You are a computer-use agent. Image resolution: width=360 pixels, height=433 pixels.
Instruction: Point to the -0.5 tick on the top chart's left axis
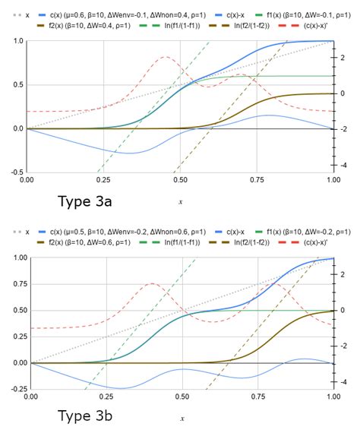[x=14, y=172]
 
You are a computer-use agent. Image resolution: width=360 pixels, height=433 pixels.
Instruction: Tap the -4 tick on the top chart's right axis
[x=344, y=165]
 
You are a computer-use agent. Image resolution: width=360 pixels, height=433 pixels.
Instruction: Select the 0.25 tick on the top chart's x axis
[x=103, y=180]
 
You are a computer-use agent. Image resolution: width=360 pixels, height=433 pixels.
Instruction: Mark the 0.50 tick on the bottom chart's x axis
[x=182, y=397]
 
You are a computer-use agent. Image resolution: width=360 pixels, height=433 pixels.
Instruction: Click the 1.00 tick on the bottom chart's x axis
[x=333, y=397]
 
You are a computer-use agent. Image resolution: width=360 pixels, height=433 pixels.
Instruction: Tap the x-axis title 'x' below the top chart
[x=181, y=202]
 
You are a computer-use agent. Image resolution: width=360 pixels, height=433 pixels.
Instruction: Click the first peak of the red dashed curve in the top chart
[x=166, y=57]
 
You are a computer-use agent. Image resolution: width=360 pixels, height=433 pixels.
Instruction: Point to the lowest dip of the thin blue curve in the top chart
[x=131, y=153]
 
